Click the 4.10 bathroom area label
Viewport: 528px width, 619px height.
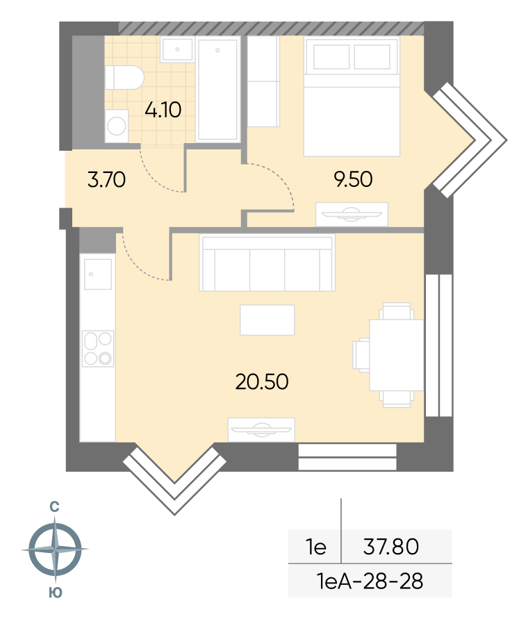163,110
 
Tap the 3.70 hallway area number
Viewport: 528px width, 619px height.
106,180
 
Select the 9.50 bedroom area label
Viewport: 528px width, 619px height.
353,179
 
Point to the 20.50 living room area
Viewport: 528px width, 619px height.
262,381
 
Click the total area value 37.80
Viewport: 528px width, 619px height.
391,547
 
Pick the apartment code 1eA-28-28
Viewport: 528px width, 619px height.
370,581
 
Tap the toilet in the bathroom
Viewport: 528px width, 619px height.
124,77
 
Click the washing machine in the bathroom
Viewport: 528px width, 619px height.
117,126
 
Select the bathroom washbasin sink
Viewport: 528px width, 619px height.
177,49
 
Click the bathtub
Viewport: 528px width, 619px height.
218,89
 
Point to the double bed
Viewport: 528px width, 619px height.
352,97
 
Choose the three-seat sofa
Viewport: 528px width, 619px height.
267,263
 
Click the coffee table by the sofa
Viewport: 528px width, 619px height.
267,320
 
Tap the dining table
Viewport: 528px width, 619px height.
397,355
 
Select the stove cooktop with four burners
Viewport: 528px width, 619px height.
98,349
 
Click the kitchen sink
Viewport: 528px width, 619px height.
97,274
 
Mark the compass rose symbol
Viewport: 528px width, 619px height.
55,549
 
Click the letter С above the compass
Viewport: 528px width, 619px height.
54,507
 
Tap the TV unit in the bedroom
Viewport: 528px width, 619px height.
352,215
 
